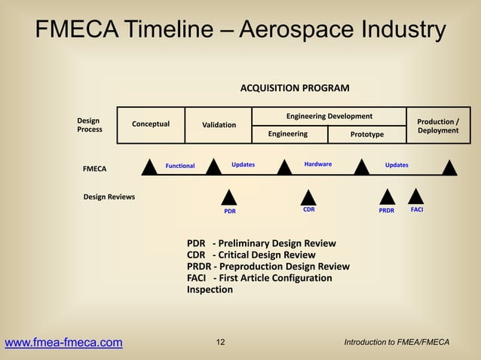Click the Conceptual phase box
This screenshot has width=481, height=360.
pos(150,124)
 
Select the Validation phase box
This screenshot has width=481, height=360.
pos(219,124)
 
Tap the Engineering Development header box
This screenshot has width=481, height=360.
pos(329,116)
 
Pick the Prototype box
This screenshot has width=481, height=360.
pos(366,134)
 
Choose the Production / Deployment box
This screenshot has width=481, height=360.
pos(437,125)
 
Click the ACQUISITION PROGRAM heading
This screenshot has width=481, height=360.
pos(294,88)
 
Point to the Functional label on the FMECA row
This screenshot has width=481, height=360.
pos(180,166)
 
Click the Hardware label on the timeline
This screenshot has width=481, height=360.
pos(317,163)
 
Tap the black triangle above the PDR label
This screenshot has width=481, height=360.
pos(229,197)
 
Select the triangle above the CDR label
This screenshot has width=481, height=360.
pos(308,197)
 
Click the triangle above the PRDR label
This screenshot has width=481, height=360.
pos(387,197)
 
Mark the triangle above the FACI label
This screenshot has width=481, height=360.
pos(416,197)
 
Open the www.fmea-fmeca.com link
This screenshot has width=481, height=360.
pos(63,343)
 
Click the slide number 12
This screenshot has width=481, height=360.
pos(220,343)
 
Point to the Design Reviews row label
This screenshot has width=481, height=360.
pos(109,197)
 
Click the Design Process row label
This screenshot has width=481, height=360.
pos(90,125)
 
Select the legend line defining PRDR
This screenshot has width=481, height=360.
pos(268,267)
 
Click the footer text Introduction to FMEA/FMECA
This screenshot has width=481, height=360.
pos(396,343)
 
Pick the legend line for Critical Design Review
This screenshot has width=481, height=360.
pos(251,255)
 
